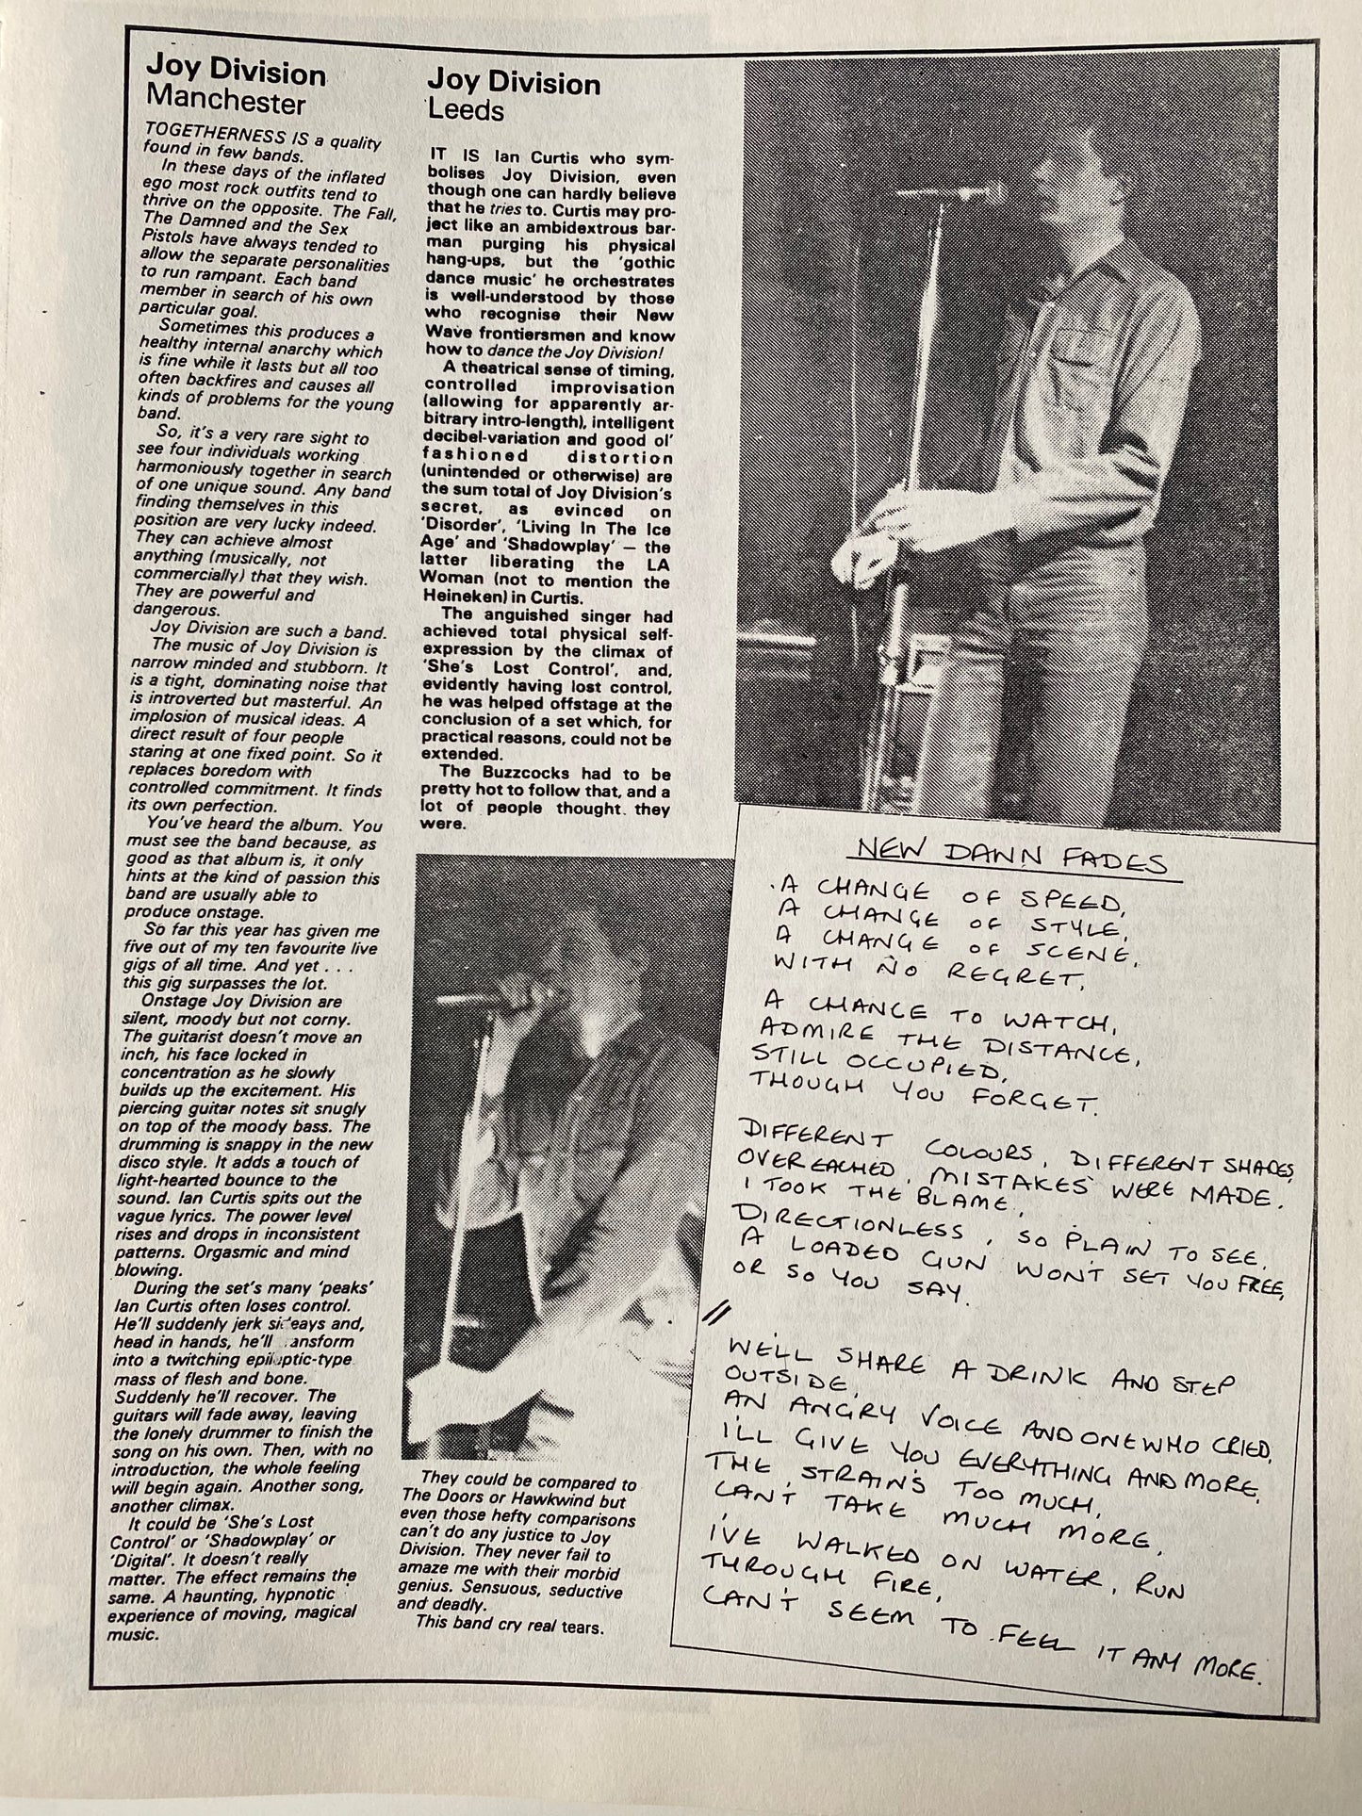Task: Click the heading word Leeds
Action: (x=466, y=111)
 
